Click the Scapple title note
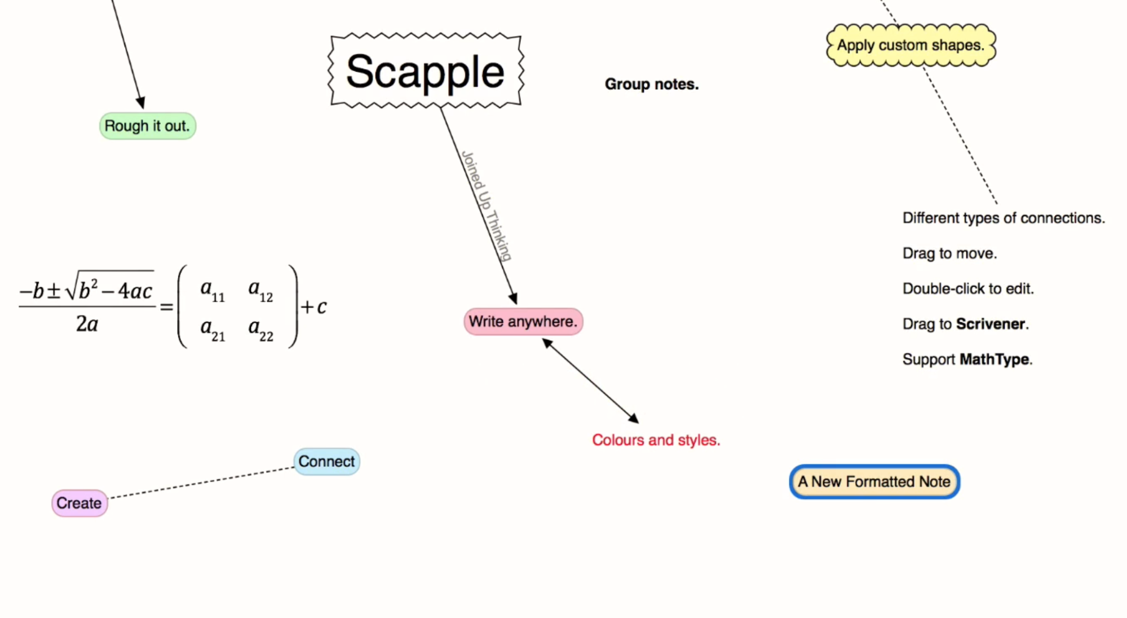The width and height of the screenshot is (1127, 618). coord(425,72)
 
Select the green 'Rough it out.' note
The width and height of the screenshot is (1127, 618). coord(147,126)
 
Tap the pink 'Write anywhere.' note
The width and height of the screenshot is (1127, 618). coord(523,322)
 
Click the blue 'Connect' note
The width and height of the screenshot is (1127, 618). coord(326,462)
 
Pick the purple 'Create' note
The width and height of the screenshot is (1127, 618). coord(79,503)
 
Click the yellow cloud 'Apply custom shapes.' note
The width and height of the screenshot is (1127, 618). coord(910,45)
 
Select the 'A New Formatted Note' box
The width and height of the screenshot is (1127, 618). coord(874,481)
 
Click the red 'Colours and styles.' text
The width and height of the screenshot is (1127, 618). coord(656,440)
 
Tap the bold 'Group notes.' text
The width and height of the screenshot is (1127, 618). coord(651,84)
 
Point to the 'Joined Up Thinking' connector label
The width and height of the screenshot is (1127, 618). coord(487,205)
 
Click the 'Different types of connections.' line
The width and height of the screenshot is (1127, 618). coord(1003,218)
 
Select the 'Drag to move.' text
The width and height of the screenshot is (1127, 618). coord(949,253)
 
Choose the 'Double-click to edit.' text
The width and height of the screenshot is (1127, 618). coord(968,289)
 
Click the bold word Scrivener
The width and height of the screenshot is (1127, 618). coord(990,324)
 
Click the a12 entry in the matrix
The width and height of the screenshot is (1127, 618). coord(260,290)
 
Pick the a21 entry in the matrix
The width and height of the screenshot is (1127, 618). coord(213,329)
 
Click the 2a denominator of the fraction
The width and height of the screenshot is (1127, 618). coord(87,325)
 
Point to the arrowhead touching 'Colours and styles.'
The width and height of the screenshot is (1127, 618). coord(634,418)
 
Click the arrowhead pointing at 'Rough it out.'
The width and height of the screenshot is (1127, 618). coord(141,102)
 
